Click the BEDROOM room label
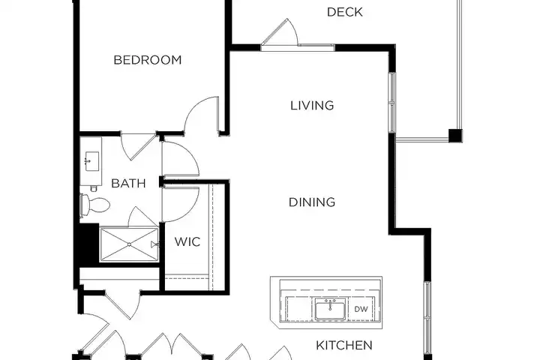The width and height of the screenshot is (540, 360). coord(148,60)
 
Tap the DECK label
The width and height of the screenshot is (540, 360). coord(344,12)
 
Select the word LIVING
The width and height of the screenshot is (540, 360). coord(312,106)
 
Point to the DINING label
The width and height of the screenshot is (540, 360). coord(312,202)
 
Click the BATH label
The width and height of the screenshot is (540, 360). coord(128,183)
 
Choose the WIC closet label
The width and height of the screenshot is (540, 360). coord(187,241)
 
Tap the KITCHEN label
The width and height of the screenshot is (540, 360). coord(344,345)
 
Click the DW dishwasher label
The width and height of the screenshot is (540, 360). coord(361,309)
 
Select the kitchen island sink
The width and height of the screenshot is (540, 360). coord(330,308)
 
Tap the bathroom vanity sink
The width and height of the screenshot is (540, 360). coord(91,161)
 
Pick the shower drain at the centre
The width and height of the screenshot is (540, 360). coord(129,244)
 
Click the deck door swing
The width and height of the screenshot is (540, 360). coord(280,31)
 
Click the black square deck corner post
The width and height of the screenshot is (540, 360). coord(455,136)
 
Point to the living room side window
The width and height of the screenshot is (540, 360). coord(392,103)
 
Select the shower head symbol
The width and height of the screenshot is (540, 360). coord(154,244)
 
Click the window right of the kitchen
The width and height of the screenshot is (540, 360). coord(427,318)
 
